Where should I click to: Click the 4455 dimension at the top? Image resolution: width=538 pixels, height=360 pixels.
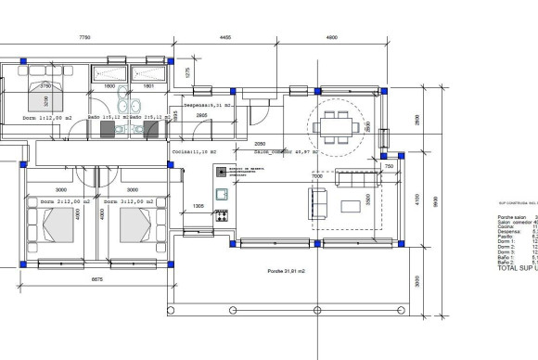click(x=224, y=37)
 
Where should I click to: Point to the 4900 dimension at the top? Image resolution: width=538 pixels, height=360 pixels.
click(x=331, y=37)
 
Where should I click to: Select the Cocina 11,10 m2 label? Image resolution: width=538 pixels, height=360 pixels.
click(x=194, y=150)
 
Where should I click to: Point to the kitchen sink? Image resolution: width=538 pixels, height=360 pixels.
click(x=223, y=193)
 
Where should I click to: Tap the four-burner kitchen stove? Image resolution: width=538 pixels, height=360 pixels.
click(x=223, y=215)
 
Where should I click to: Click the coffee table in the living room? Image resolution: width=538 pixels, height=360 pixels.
click(x=353, y=205)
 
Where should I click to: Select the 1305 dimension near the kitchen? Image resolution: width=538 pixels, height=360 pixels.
click(x=198, y=206)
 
